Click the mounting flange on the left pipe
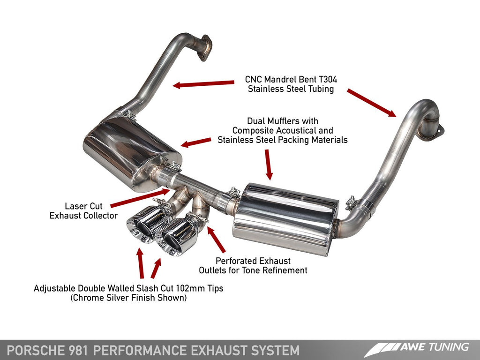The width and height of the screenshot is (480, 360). (204, 47)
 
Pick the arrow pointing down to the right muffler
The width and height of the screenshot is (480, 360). (268, 164)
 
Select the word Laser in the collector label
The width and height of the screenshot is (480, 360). (75, 206)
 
